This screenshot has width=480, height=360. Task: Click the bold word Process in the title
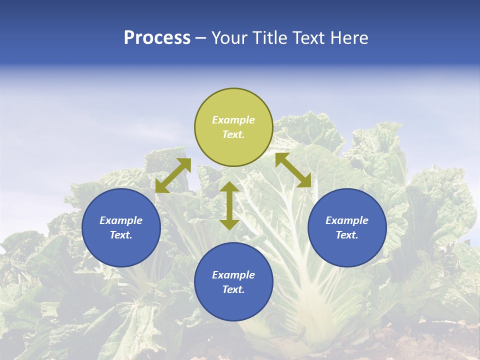tap(157, 38)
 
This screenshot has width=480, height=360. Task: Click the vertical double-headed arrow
tap(229, 205)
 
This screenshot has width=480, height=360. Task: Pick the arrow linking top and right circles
tap(293, 170)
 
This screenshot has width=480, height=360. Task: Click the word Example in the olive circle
tap(233, 120)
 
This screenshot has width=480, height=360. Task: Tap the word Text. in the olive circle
tap(233, 134)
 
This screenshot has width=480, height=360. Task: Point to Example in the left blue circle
tap(121, 220)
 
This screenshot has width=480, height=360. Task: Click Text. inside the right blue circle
tap(347, 235)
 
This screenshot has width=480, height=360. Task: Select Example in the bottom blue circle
tap(233, 275)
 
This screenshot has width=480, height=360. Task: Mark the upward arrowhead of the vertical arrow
tap(229, 187)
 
